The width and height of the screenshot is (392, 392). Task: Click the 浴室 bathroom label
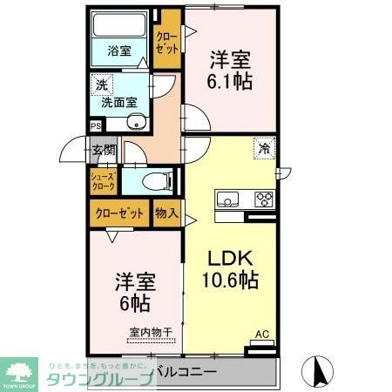pyautogui.click(x=119, y=51)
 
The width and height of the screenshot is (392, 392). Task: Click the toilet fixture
pyautogui.click(x=156, y=181)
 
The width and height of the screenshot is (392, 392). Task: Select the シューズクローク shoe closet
pyautogui.click(x=103, y=181)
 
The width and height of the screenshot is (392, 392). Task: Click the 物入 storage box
pyautogui.click(x=166, y=213)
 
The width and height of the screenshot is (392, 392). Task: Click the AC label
pyautogui.click(x=261, y=335)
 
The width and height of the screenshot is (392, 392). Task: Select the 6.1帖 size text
pyautogui.click(x=231, y=80)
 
